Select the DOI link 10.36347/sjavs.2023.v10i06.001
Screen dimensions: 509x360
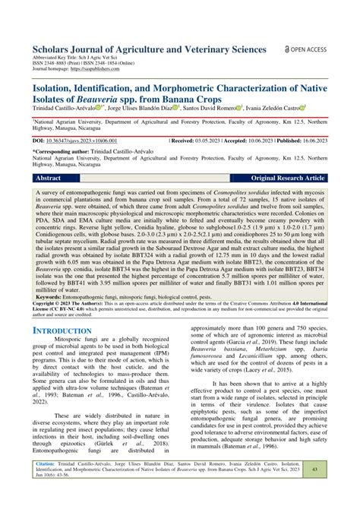[86, 141]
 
